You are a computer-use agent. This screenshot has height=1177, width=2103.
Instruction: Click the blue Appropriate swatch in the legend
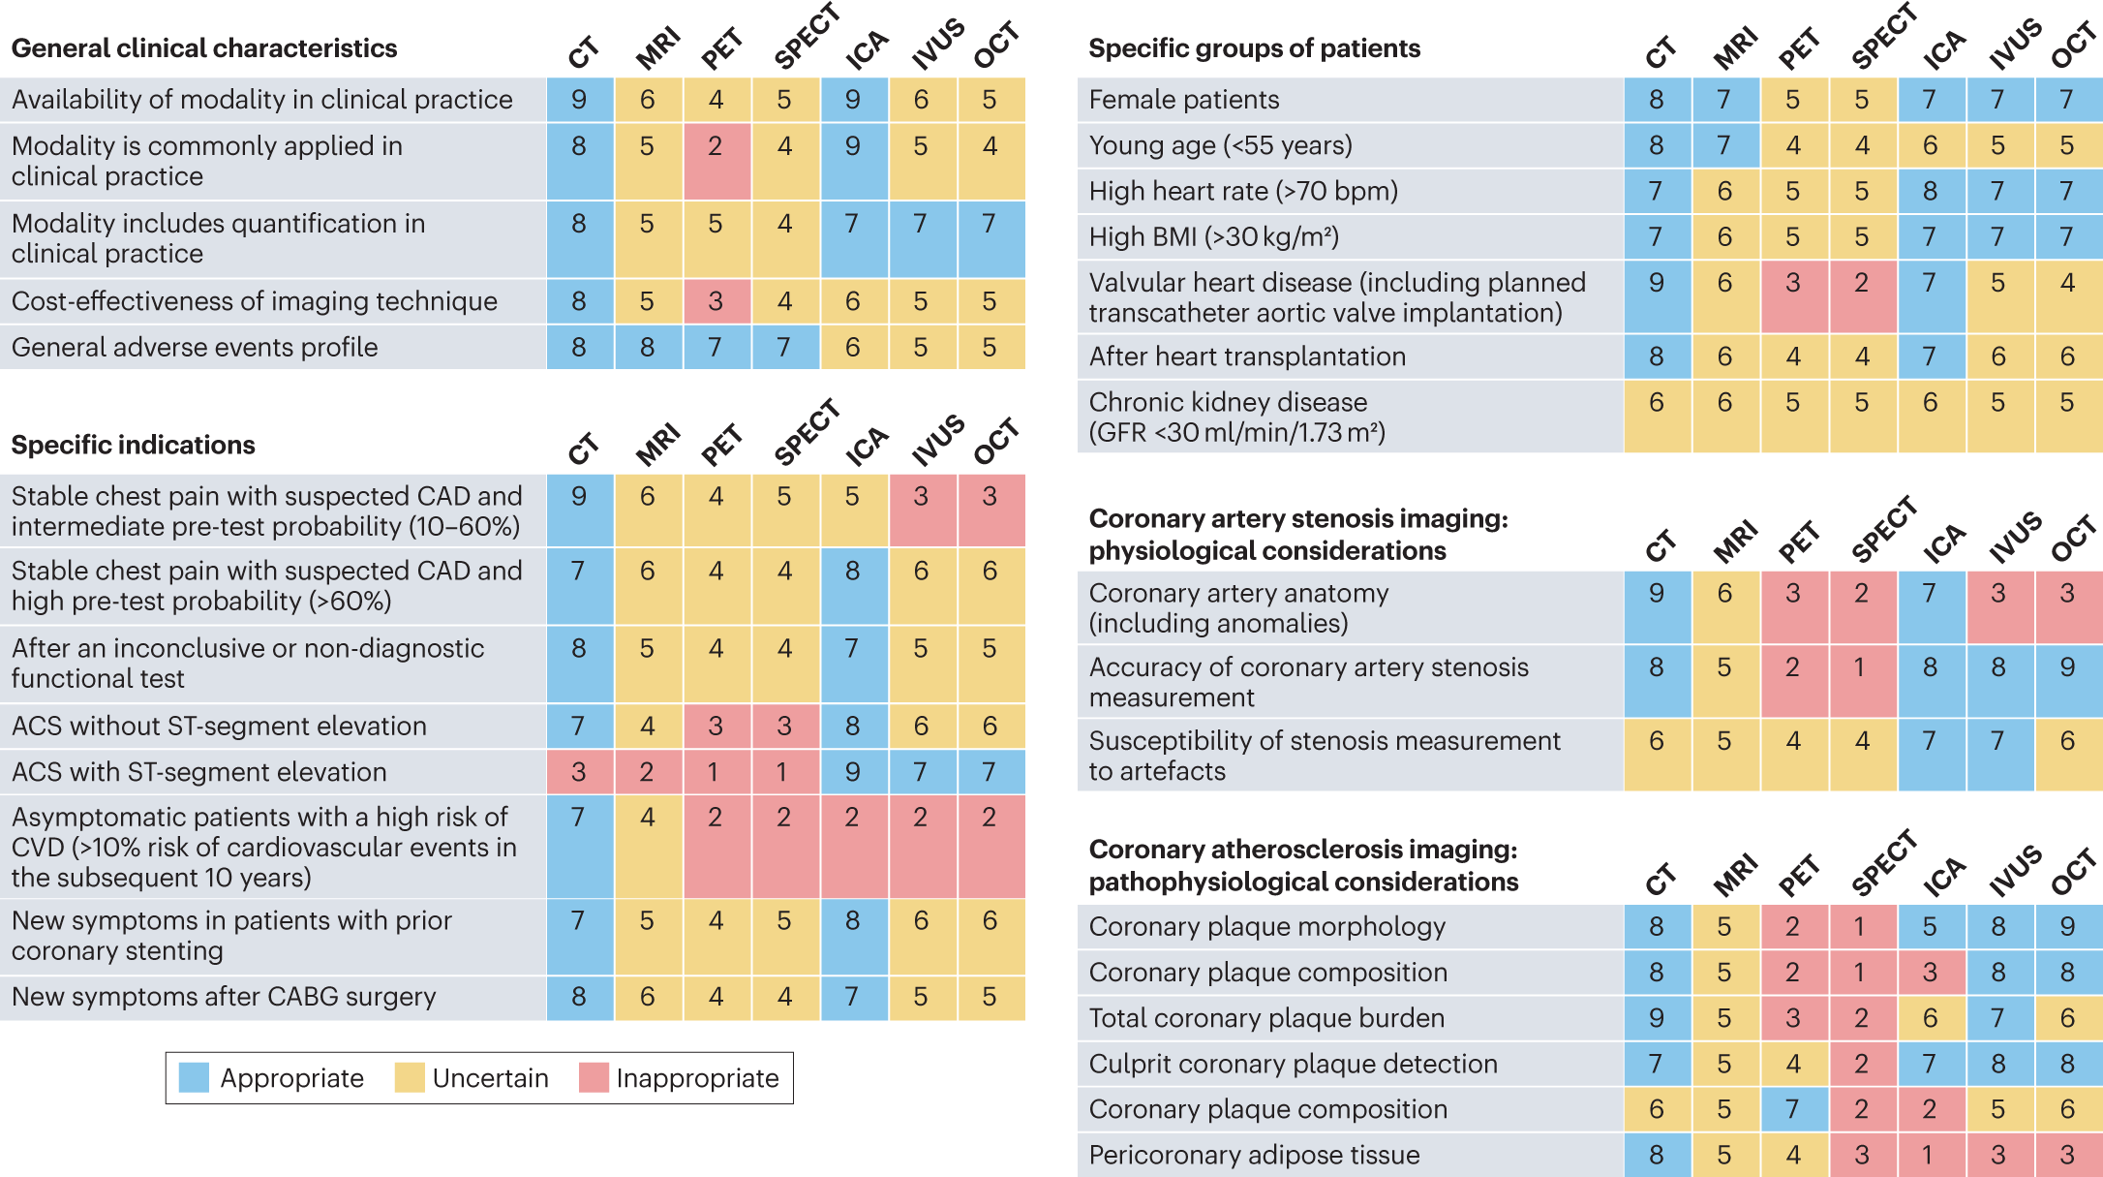tap(194, 1077)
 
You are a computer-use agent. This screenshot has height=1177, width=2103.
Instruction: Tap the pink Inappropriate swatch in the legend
tap(594, 1077)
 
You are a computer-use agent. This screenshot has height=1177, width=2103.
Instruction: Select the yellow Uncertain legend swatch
tap(410, 1077)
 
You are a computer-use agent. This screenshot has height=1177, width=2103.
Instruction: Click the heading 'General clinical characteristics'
tap(204, 48)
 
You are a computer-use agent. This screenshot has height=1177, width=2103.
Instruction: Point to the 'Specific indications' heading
tap(134, 445)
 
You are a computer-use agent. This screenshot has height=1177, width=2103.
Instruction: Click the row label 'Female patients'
tap(1183, 100)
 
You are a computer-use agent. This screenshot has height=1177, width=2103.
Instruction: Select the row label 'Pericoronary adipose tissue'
tap(1254, 1155)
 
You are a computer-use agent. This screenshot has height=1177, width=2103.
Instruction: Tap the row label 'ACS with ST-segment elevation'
tap(198, 772)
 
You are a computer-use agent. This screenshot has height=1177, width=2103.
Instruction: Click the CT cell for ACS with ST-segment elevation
tap(579, 772)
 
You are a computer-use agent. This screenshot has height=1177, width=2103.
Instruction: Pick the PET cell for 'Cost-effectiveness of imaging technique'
tap(716, 301)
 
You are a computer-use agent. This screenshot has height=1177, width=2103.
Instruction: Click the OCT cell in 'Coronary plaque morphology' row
tap(2067, 927)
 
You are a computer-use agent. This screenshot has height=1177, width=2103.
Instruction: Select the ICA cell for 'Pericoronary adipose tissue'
tap(1930, 1155)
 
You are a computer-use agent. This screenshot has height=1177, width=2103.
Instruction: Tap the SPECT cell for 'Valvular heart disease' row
tap(1861, 296)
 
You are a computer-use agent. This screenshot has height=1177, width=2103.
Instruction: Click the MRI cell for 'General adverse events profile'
tap(647, 347)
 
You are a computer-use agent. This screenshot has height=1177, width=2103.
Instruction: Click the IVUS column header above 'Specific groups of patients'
tap(2014, 45)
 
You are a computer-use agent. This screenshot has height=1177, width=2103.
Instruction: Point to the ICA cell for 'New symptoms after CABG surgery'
tap(852, 997)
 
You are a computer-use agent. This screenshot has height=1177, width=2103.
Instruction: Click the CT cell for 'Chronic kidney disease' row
tap(1657, 417)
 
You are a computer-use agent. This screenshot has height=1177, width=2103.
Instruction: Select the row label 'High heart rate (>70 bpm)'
tap(1243, 191)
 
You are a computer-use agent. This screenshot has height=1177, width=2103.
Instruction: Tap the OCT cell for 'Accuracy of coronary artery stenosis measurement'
tap(2067, 681)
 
